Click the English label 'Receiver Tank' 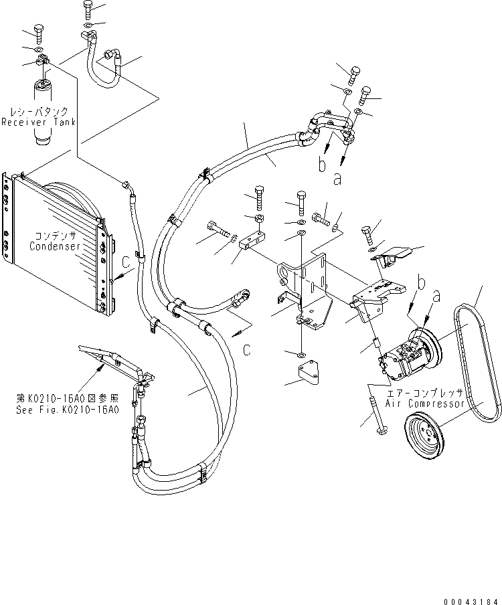click(x=37, y=122)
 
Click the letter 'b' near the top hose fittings click(x=321, y=163)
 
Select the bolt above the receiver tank click(x=37, y=34)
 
